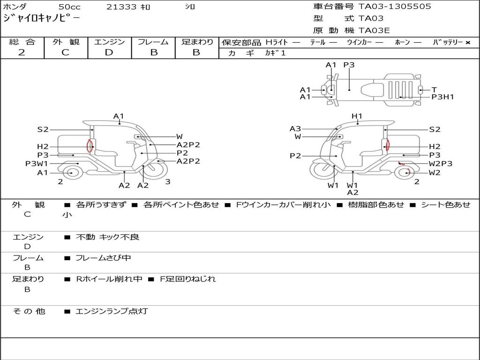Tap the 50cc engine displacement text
point(69,7)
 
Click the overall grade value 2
point(22,52)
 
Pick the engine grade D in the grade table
point(109,52)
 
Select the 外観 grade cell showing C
point(65,52)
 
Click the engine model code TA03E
point(374,31)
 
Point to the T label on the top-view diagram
point(434,90)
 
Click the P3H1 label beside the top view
point(442,97)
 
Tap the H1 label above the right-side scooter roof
point(357,116)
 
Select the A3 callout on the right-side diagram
point(295,128)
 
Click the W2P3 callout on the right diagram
point(441,164)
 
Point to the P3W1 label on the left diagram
point(37,164)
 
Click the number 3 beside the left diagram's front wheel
point(167,182)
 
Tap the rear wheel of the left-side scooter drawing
point(71,172)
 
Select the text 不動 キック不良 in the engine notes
point(107,237)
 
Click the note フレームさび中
point(103,258)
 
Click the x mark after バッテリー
point(467,43)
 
